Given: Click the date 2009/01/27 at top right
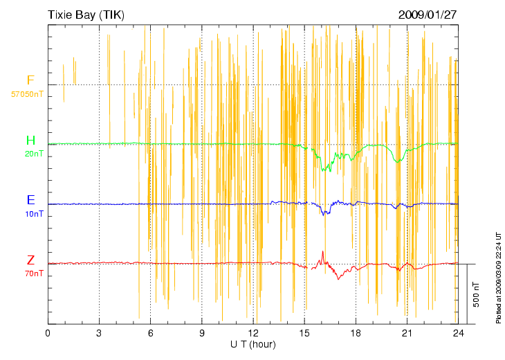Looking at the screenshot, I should (x=428, y=14).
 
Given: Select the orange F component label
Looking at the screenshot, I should (x=30, y=81).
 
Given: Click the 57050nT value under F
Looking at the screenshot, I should (x=28, y=93).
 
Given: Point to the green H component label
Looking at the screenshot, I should (x=30, y=141).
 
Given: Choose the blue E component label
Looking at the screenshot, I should (x=30, y=200).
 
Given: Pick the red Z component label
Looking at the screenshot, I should (x=30, y=260).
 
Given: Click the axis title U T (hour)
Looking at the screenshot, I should (x=253, y=344).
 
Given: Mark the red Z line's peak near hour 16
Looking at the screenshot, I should (x=322, y=251).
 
